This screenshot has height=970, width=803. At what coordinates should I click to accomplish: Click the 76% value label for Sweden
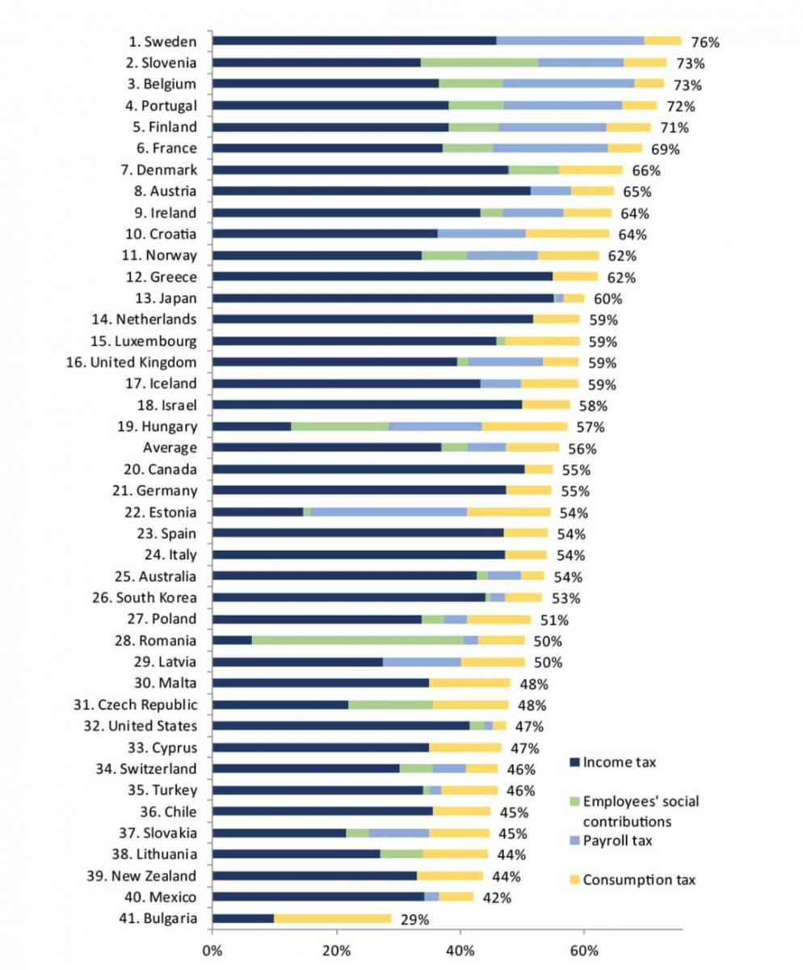[704, 42]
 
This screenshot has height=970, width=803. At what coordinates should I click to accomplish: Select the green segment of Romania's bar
[357, 640]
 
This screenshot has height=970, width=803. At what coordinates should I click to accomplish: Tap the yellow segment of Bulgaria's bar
[333, 918]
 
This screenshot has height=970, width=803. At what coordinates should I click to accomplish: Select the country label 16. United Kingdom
[131, 362]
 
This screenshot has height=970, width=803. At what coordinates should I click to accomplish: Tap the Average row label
[170, 448]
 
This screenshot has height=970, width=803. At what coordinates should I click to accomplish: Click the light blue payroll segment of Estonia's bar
[389, 512]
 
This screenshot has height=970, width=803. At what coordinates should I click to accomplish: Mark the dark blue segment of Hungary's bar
[251, 426]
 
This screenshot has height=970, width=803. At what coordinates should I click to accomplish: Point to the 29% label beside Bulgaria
[414, 919]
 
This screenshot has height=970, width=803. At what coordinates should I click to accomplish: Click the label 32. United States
[141, 726]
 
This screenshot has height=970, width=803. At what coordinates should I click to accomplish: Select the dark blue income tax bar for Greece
[382, 276]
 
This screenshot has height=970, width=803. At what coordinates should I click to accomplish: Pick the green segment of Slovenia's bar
[479, 62]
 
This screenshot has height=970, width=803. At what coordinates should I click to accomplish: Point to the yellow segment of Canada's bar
[539, 469]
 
